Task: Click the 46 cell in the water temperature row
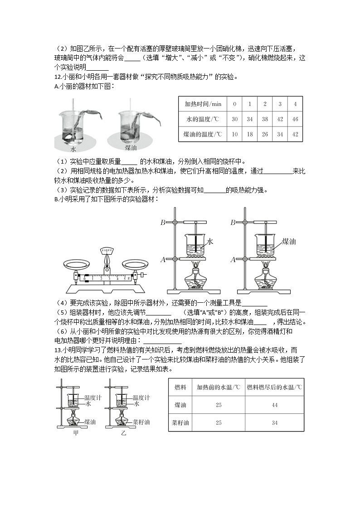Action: [x=295, y=119]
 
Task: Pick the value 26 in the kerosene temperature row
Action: [x=265, y=134]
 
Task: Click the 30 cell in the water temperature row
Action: [x=234, y=119]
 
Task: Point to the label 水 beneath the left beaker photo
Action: [x=73, y=149]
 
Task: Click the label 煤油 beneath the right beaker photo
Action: [x=132, y=148]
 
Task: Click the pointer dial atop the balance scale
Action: [x=107, y=251]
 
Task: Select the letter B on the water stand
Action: [x=162, y=222]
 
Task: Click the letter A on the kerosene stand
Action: [x=233, y=259]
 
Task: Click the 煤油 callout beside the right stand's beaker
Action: [x=289, y=242]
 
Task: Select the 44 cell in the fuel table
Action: [x=274, y=405]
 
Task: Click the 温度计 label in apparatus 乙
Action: [x=142, y=397]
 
